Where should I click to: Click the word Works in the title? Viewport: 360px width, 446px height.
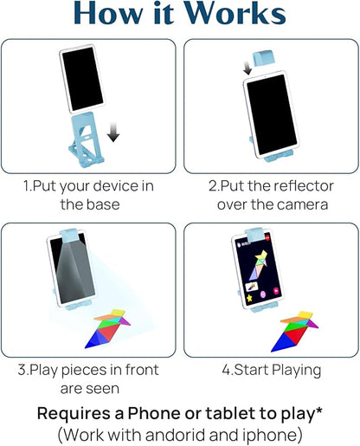pyautogui.click(x=235, y=13)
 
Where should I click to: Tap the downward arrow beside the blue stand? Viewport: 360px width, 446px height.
pyautogui.click(x=113, y=132)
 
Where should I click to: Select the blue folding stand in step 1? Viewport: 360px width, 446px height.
pyautogui.click(x=86, y=139)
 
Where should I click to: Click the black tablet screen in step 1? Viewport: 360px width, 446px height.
pyautogui.click(x=82, y=79)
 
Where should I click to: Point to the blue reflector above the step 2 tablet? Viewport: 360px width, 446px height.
pyautogui.click(x=263, y=58)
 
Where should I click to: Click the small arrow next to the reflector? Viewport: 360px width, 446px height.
pyautogui.click(x=247, y=68)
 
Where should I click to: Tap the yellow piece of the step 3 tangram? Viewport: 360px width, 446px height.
pyautogui.click(x=118, y=313)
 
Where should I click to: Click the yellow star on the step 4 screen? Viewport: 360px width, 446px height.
pyautogui.click(x=249, y=298)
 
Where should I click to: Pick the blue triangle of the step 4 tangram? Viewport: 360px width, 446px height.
pyautogui.click(x=282, y=342)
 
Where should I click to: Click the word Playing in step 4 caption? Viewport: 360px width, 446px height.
pyautogui.click(x=296, y=371)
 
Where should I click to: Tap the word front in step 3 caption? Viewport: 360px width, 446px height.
pyautogui.click(x=142, y=370)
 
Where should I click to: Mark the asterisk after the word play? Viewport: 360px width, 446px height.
pyautogui.click(x=318, y=410)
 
